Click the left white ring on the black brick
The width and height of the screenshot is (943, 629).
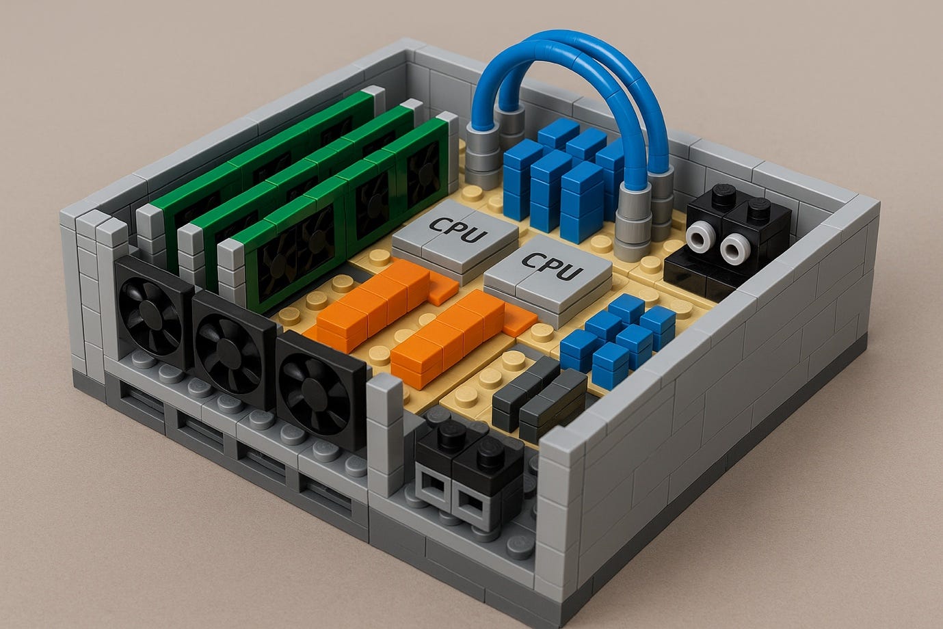700,237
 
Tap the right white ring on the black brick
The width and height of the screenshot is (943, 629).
734,249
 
